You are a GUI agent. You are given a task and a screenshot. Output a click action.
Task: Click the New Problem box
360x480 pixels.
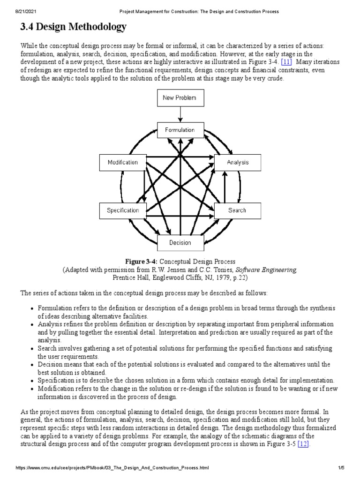click(180, 98)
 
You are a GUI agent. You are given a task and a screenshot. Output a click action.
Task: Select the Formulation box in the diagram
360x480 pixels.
click(180, 130)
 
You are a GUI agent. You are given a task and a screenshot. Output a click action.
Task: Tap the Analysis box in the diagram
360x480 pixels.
click(238, 163)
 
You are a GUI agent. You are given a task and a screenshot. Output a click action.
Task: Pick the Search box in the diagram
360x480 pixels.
click(237, 210)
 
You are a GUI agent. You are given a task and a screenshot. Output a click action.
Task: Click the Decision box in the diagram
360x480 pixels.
click(180, 242)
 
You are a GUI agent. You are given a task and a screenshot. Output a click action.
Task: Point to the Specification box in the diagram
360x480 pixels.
click(123, 210)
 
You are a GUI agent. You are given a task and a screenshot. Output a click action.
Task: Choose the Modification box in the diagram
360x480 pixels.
click(123, 163)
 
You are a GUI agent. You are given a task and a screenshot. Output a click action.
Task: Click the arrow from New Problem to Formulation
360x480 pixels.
click(180, 114)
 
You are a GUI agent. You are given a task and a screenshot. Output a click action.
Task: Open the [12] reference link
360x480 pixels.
click(303, 444)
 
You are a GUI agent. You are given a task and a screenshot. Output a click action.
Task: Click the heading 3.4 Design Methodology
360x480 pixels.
click(73, 28)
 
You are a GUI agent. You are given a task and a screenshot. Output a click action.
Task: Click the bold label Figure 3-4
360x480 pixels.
click(140, 262)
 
